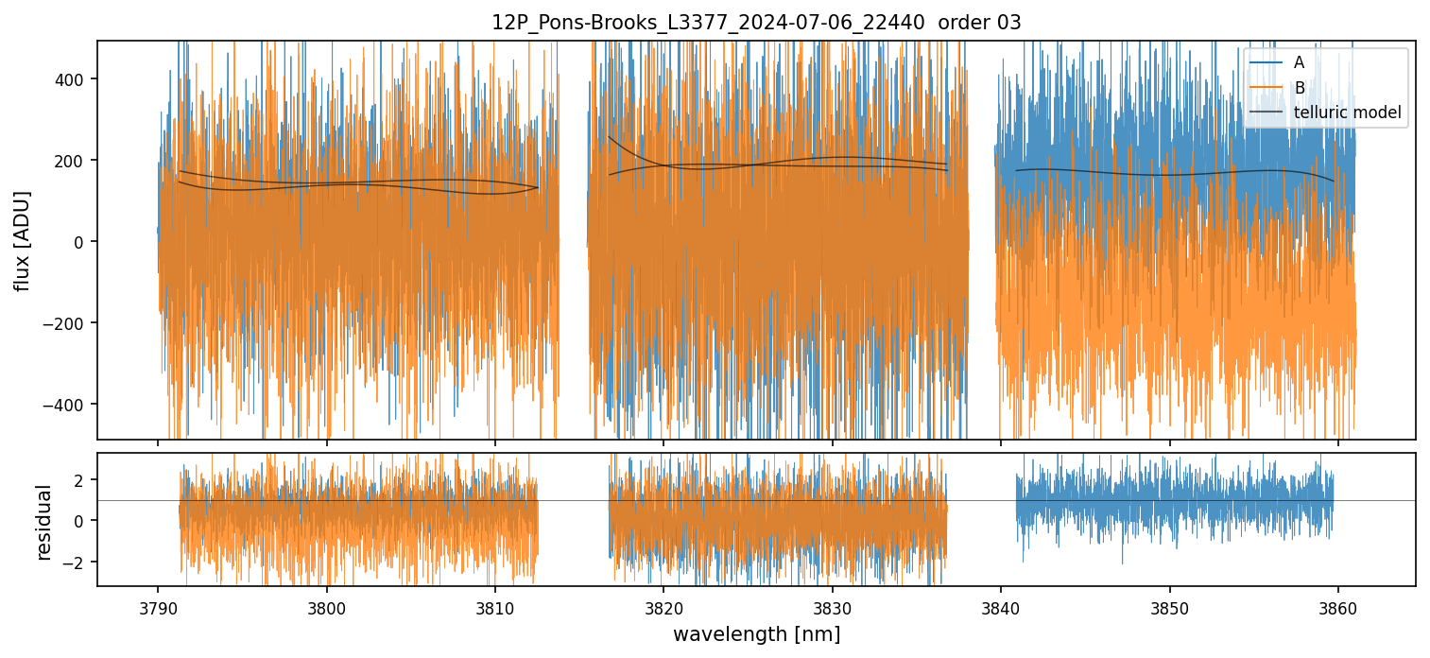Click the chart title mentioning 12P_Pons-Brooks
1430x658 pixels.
(x=756, y=23)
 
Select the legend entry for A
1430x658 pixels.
(x=1299, y=63)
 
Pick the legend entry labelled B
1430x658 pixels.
(x=1299, y=89)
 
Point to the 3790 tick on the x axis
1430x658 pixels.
(x=157, y=604)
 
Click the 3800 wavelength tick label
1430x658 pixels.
(x=326, y=604)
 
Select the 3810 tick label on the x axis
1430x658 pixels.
(x=494, y=604)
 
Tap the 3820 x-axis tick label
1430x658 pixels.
(x=663, y=604)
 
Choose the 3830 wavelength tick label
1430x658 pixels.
(x=832, y=604)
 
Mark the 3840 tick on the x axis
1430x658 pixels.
(x=1001, y=604)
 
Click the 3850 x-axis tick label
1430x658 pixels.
(x=1170, y=604)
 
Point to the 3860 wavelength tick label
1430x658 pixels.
(x=1338, y=604)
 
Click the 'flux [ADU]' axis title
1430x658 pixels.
(x=22, y=240)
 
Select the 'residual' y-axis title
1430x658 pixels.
(x=43, y=521)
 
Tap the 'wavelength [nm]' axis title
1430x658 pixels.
(x=756, y=633)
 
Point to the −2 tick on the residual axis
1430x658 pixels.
(x=76, y=563)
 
